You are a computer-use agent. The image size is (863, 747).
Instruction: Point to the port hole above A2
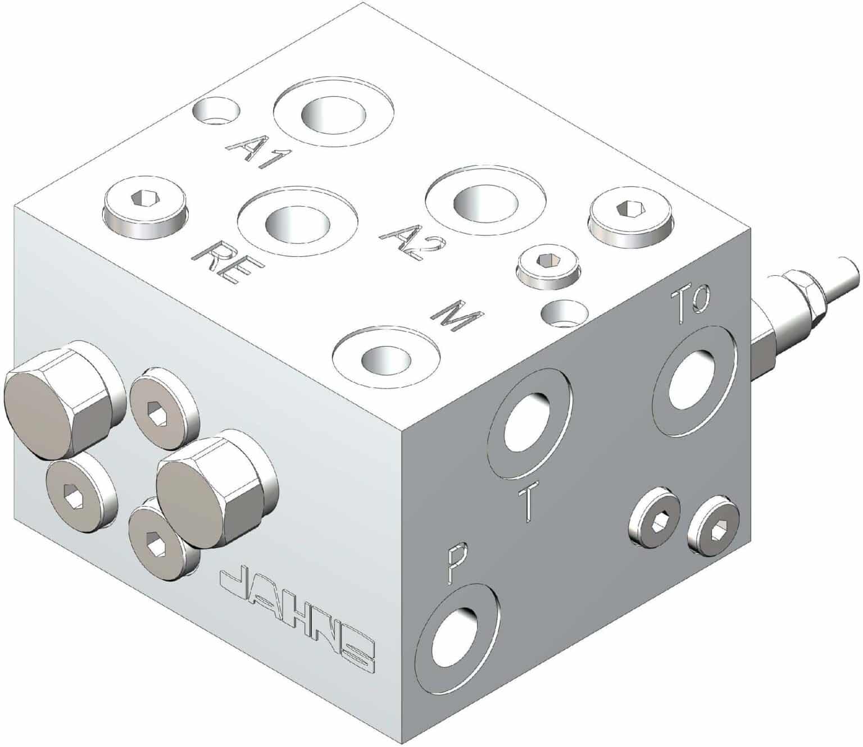pos(484,203)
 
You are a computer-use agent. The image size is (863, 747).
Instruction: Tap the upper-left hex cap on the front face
pos(63,400)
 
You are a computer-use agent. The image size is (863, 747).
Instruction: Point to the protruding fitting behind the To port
pos(805,295)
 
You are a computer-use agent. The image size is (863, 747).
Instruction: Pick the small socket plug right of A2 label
pos(546,266)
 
